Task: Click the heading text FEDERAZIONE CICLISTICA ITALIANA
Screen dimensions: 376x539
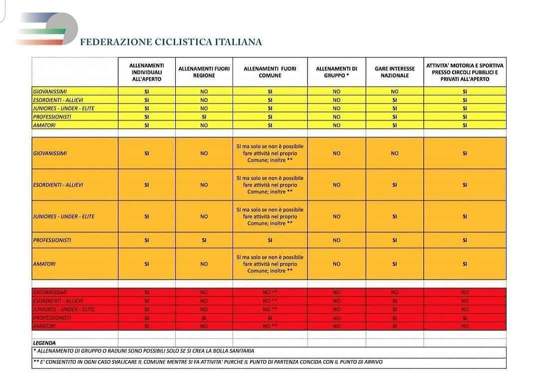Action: tap(171, 42)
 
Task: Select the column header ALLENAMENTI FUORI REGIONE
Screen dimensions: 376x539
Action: tap(204, 72)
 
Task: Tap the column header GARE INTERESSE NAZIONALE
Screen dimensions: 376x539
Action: tap(394, 72)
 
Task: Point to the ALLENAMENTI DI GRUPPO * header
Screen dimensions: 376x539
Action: tap(336, 72)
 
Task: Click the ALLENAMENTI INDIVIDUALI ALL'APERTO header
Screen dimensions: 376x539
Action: tap(147, 72)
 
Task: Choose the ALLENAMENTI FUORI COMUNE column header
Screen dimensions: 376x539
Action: tap(269, 72)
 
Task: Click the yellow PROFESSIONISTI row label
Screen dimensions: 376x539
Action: tap(52, 117)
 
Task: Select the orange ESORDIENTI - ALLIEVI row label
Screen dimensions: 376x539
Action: tap(58, 185)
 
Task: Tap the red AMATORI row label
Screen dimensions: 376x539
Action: tap(44, 326)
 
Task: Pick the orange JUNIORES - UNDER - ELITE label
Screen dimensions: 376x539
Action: tap(63, 217)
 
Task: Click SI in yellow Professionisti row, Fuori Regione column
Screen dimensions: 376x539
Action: tap(204, 117)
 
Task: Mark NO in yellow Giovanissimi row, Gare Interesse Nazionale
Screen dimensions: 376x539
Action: tap(394, 91)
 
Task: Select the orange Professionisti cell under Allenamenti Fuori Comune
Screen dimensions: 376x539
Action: tap(269, 240)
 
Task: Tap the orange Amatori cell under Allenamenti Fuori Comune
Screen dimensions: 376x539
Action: tap(269, 264)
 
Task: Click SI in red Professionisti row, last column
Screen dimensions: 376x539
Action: tap(465, 318)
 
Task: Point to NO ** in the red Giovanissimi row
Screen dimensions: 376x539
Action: tap(269, 292)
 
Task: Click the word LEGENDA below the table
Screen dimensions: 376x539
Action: tap(44, 343)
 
